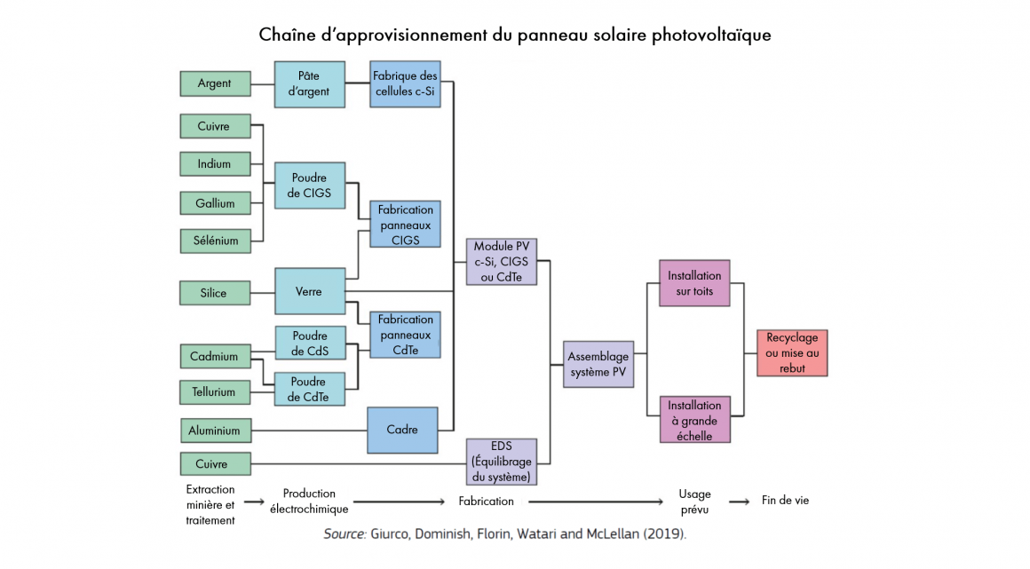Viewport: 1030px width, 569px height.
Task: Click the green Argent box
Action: tap(216, 83)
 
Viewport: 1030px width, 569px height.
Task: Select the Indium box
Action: tap(216, 163)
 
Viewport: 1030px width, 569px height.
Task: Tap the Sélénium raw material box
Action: tap(216, 241)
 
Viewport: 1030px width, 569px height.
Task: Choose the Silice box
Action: tap(215, 293)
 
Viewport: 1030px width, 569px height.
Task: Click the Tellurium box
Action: tap(216, 392)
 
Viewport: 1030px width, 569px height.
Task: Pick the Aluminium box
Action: tap(216, 431)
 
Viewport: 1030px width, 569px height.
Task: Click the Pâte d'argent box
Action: tap(309, 84)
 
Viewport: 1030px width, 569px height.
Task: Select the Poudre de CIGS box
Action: tap(309, 186)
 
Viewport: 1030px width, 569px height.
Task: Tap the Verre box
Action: tap(310, 291)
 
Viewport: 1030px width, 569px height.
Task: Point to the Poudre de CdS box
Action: tap(310, 343)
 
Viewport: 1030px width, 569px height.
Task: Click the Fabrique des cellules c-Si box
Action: tap(405, 84)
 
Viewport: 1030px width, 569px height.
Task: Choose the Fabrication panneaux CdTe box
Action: tap(405, 335)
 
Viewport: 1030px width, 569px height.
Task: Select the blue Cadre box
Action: tap(402, 430)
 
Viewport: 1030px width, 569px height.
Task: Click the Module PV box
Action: tap(502, 262)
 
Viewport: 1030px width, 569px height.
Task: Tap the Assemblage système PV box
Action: tap(598, 364)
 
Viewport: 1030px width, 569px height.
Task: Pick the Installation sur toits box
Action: tap(694, 283)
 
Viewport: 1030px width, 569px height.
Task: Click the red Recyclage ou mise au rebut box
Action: tap(792, 352)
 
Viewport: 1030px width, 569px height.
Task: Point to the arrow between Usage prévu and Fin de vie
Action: tap(739, 502)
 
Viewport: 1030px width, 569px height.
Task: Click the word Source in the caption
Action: tap(345, 533)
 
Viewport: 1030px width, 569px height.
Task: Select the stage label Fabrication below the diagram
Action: tap(486, 501)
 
